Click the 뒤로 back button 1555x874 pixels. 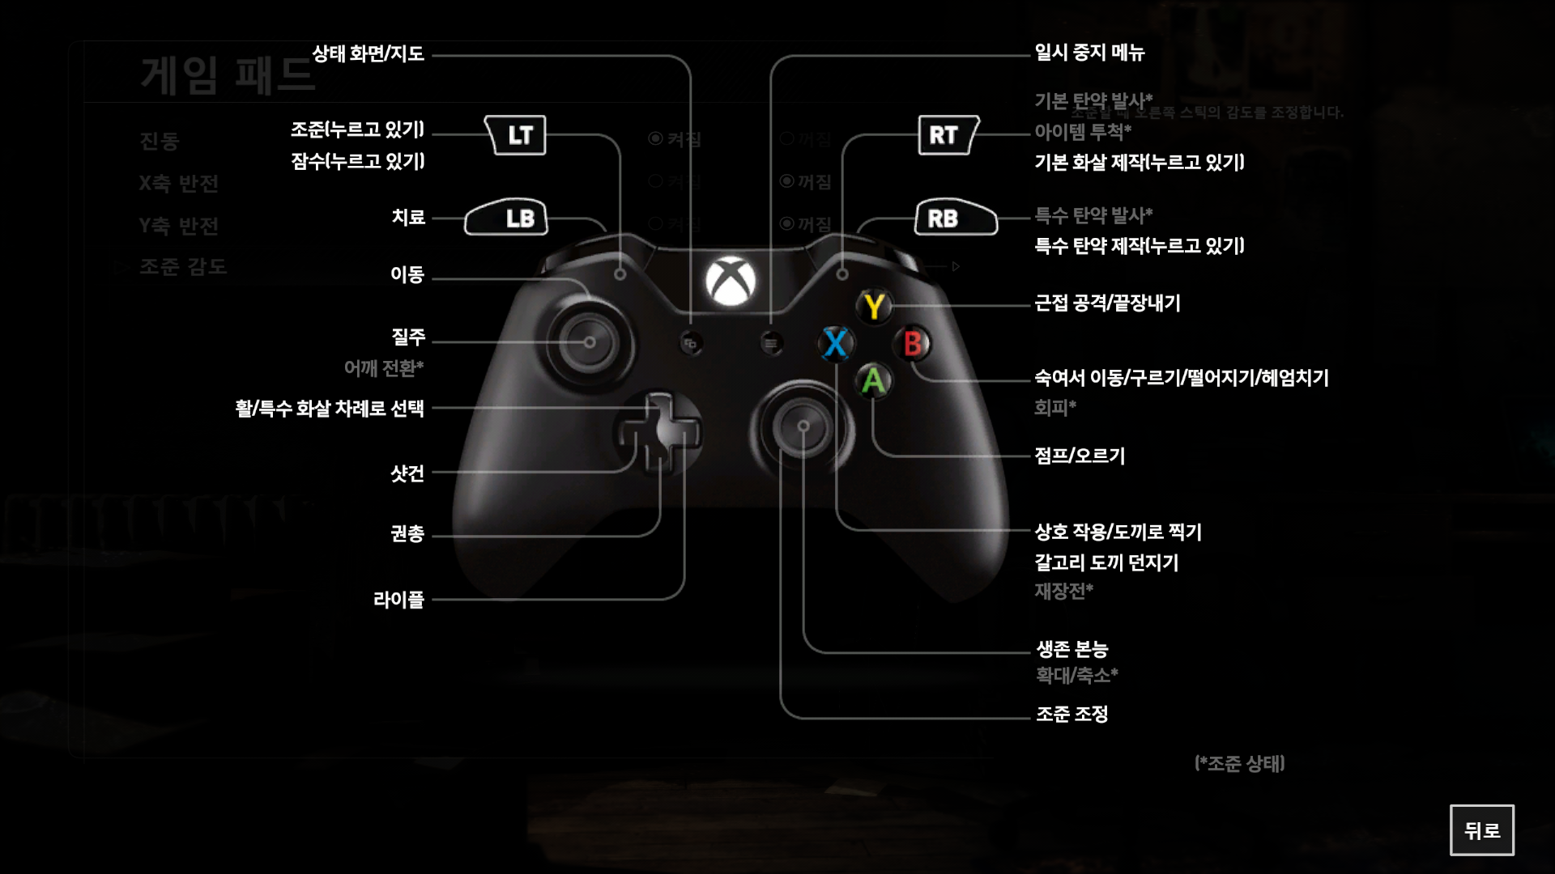[x=1481, y=829]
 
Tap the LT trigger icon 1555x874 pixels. [x=516, y=135]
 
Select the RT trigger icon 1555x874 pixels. [x=947, y=135]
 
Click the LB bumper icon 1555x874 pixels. [x=507, y=218]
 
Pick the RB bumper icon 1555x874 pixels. [x=955, y=218]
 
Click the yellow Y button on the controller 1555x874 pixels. [x=874, y=307]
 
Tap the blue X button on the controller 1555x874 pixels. [x=835, y=343]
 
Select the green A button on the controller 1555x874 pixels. [x=873, y=380]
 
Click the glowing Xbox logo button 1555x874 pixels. [x=731, y=282]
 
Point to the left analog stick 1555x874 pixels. [x=590, y=342]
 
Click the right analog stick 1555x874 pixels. [x=803, y=426]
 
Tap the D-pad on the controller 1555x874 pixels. [x=658, y=433]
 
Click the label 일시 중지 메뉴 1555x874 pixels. [x=1089, y=53]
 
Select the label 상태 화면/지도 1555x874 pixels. [x=369, y=54]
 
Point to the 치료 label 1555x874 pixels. [x=408, y=218]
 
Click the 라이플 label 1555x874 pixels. [x=398, y=600]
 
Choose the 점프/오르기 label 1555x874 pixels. [x=1080, y=456]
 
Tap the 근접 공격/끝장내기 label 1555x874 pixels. [x=1107, y=303]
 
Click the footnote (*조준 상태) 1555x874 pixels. [x=1239, y=763]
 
